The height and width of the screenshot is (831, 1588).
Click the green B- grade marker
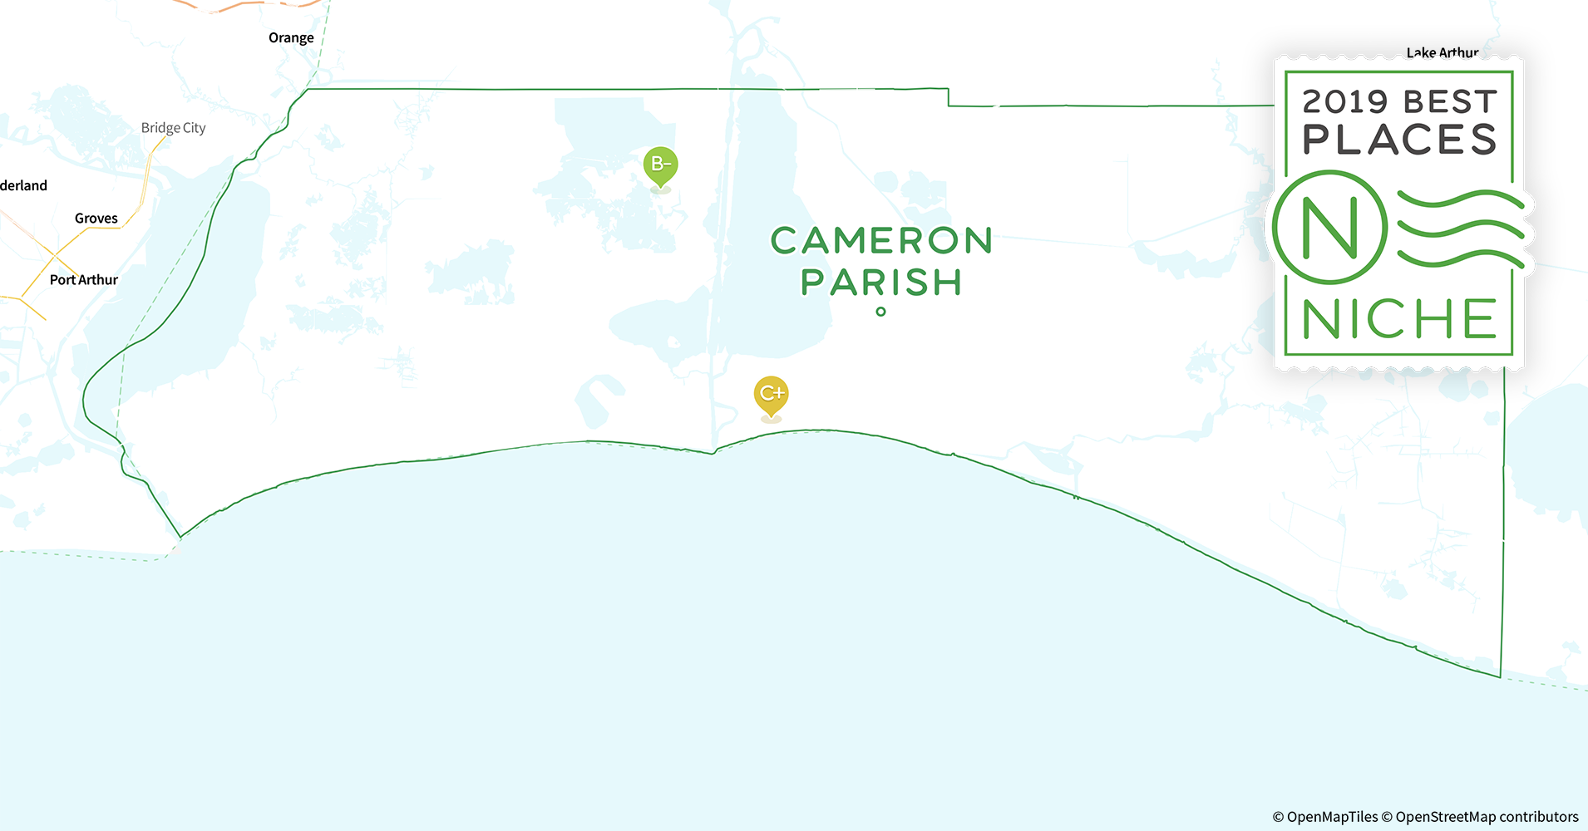tap(660, 165)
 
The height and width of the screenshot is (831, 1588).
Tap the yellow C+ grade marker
tap(771, 394)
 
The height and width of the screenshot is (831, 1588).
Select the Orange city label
tap(291, 38)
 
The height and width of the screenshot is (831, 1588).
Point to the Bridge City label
tap(173, 128)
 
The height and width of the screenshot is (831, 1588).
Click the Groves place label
tap(96, 219)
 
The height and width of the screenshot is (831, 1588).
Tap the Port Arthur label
tap(84, 280)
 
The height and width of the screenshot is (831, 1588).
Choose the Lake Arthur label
tap(1442, 53)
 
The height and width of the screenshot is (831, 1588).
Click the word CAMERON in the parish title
tap(881, 241)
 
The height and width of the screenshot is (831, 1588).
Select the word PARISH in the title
tap(881, 283)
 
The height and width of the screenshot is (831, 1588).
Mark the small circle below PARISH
tap(880, 312)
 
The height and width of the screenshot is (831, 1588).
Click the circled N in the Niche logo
tap(1329, 228)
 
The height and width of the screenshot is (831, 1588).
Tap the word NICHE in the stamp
tap(1399, 320)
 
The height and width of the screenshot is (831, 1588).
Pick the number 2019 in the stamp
tap(1344, 102)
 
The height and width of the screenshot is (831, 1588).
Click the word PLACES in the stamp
tap(1399, 140)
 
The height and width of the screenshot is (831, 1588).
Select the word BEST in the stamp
tap(1451, 102)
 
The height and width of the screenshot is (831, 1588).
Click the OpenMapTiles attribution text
tap(1325, 817)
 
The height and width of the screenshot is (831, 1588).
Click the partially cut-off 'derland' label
tap(23, 185)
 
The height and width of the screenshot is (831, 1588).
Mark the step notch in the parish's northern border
tap(949, 97)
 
